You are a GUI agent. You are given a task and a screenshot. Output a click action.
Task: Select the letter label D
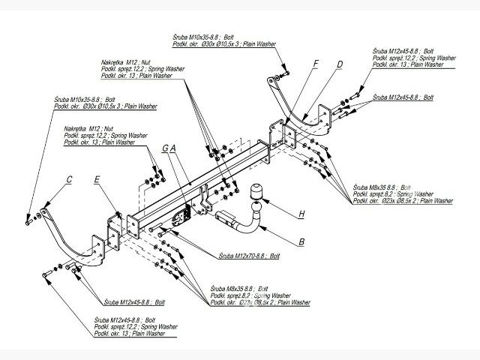pyautogui.click(x=340, y=64)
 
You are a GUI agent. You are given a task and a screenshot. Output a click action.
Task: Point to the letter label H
pyautogui.click(x=301, y=214)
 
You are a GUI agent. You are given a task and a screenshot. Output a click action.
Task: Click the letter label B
pyautogui.click(x=301, y=241)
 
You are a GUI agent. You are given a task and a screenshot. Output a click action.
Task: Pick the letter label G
pyautogui.click(x=164, y=148)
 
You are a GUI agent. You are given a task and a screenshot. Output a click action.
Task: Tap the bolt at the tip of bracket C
pyautogui.click(x=29, y=219)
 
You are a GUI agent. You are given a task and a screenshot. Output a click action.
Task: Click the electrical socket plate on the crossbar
pyautogui.click(x=178, y=217)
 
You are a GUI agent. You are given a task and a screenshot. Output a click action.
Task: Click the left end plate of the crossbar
pyautogui.click(x=133, y=225)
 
